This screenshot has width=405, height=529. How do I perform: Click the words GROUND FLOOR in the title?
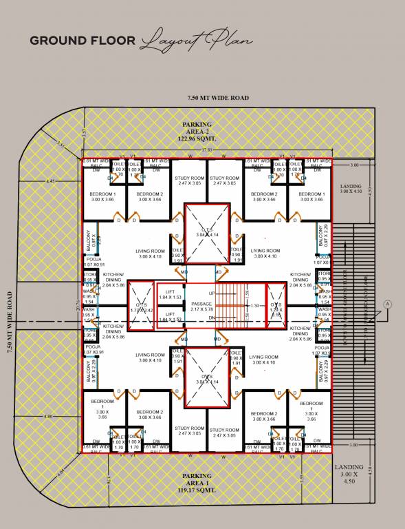pyautogui.click(x=83, y=41)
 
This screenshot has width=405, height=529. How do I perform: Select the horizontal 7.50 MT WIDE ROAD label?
pyautogui.click(x=218, y=98)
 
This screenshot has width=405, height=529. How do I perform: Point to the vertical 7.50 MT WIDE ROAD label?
pyautogui.click(x=10, y=322)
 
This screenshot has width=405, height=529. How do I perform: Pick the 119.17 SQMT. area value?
pyautogui.click(x=197, y=490)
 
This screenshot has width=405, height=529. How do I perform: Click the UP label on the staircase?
pyautogui.click(x=212, y=293)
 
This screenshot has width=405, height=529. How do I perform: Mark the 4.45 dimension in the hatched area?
pyautogui.click(x=50, y=180)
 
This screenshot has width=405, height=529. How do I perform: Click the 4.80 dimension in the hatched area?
pyautogui.click(x=47, y=416)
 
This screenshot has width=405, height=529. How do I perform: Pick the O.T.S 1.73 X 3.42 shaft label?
pyautogui.click(x=140, y=306)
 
